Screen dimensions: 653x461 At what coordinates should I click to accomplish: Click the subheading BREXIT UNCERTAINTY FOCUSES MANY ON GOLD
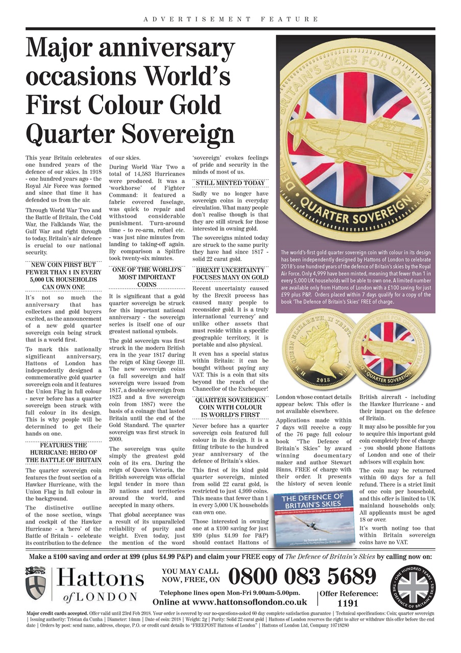(230, 273)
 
